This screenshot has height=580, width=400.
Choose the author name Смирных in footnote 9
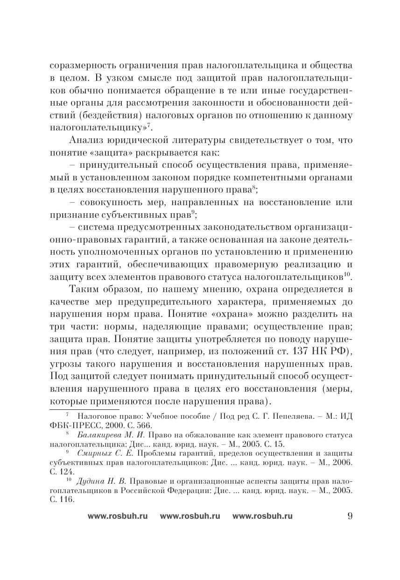click(x=92, y=453)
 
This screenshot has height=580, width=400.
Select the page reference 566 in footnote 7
click(x=145, y=426)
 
